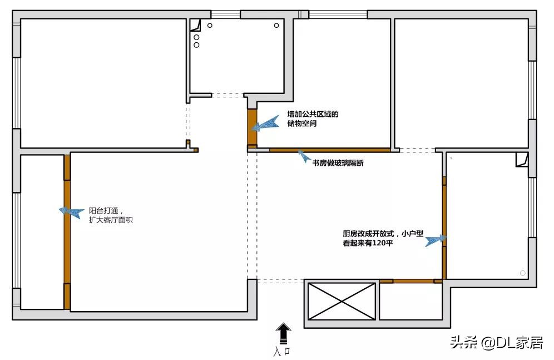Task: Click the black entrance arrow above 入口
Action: [283, 333]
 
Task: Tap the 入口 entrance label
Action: [282, 352]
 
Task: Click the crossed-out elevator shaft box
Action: [342, 302]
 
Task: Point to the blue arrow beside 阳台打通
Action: [71, 213]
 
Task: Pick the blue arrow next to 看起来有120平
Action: [436, 240]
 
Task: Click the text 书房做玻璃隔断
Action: [338, 163]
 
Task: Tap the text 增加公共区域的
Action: [313, 114]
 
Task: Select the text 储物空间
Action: [301, 124]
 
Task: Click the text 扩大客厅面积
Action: [111, 220]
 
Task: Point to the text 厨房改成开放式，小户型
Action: [383, 234]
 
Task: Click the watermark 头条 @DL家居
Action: [496, 343]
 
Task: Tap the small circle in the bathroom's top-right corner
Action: [276, 26]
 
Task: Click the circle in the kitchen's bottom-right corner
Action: [522, 273]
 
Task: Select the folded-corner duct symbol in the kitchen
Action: [522, 159]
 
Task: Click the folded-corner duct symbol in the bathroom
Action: [195, 25]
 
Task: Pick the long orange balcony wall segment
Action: [67, 232]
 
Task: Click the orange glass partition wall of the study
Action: [330, 150]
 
